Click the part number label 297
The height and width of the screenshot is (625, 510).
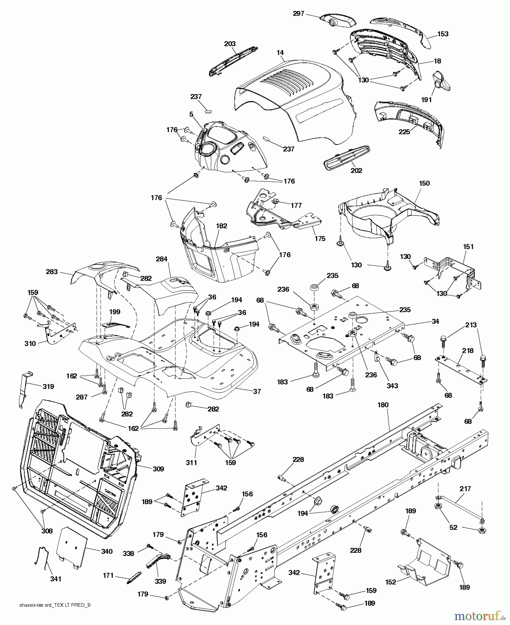click(x=298, y=14)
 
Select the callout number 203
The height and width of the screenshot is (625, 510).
click(x=230, y=44)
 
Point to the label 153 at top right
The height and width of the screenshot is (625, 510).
click(x=443, y=34)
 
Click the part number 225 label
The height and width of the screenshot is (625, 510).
click(x=404, y=132)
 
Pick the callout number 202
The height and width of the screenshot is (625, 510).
click(x=356, y=170)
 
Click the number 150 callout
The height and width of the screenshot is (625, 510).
click(x=424, y=183)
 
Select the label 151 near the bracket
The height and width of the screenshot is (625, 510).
click(x=468, y=247)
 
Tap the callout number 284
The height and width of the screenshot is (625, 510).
click(x=162, y=259)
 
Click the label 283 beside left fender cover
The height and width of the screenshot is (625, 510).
click(x=52, y=272)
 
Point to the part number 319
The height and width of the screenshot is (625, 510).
click(x=48, y=386)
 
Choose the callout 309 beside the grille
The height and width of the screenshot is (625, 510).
click(x=158, y=469)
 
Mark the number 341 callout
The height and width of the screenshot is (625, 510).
click(x=56, y=578)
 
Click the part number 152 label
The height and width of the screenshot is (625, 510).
click(x=391, y=582)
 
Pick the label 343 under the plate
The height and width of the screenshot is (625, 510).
click(x=392, y=386)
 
